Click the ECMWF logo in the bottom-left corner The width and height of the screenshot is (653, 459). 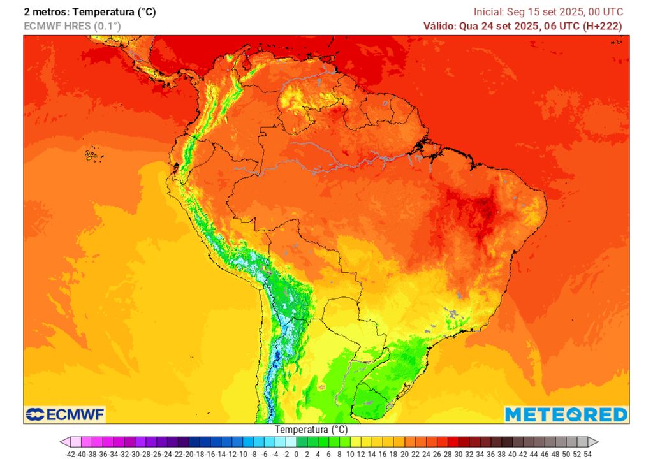(x=64, y=415)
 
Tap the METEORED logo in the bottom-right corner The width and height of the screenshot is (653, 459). (x=566, y=414)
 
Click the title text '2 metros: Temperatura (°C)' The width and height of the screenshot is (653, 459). (x=89, y=12)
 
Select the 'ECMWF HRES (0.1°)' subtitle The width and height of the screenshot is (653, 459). (x=72, y=26)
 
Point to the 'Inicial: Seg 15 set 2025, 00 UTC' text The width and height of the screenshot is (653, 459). (x=548, y=12)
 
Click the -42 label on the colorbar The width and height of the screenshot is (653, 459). (x=71, y=454)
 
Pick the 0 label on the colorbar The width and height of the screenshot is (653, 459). (x=297, y=454)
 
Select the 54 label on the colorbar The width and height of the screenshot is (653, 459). (x=587, y=454)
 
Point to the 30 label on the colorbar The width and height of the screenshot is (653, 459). (x=459, y=454)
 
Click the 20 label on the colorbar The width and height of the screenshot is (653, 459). (x=405, y=454)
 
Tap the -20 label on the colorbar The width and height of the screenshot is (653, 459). (x=189, y=454)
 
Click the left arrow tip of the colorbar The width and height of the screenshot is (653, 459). (x=61, y=442)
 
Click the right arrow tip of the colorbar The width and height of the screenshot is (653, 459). (x=598, y=442)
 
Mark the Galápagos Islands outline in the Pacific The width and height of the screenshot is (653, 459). (x=93, y=154)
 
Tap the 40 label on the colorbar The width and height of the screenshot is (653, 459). (x=512, y=454)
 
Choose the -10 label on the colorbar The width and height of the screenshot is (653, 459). (x=243, y=454)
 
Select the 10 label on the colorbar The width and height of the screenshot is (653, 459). (x=351, y=454)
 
